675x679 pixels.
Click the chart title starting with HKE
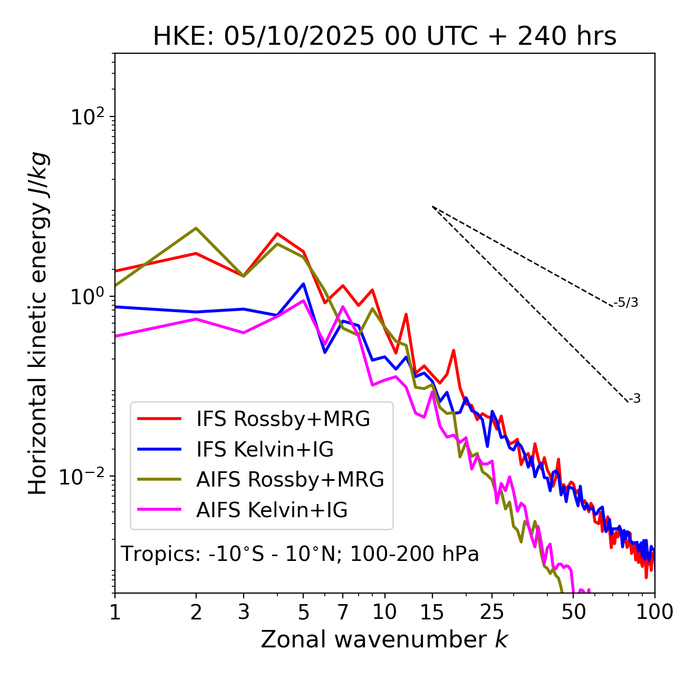(384, 36)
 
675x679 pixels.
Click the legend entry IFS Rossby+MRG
(283, 419)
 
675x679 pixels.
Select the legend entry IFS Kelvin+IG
(265, 450)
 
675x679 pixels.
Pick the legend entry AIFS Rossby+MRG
(290, 480)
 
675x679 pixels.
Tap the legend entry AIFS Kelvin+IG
(272, 510)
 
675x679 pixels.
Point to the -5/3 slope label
(626, 303)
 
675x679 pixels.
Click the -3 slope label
(634, 399)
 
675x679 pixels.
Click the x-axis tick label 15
(432, 612)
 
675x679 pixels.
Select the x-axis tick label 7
(343, 612)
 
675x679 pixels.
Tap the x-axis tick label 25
(492, 612)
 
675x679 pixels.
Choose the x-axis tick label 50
(573, 612)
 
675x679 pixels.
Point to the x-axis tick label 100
(653, 612)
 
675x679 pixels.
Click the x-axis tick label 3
(243, 612)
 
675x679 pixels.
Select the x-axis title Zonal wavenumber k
(384, 639)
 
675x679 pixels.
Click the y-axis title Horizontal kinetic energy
(38, 323)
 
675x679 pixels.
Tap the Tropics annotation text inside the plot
(300, 554)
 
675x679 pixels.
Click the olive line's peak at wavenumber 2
(196, 228)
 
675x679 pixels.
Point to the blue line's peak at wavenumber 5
(303, 284)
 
